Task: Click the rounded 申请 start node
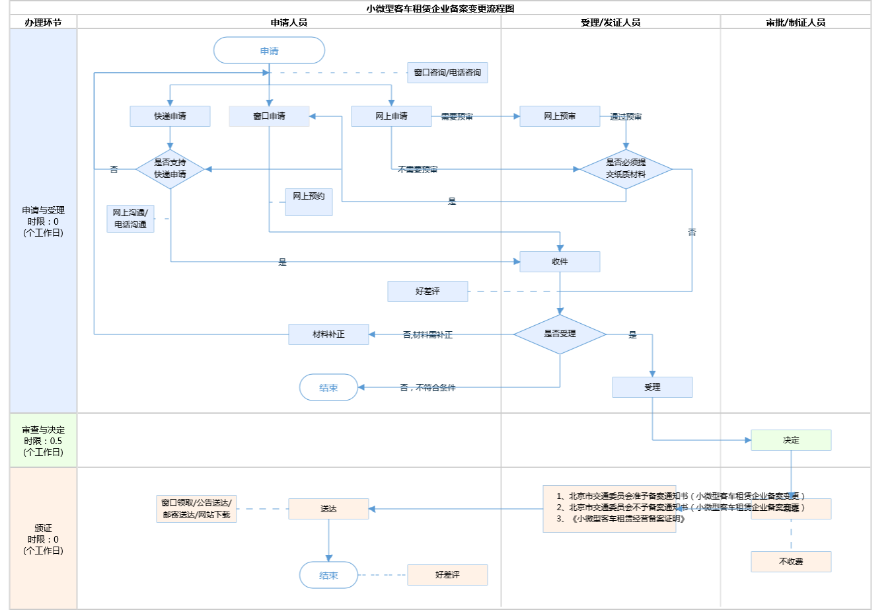coord(269,51)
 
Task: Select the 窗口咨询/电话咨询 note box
coord(447,73)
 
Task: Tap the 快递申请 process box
coord(170,116)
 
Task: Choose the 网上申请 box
coord(391,116)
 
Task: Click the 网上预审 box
coord(560,116)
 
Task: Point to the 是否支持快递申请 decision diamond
coord(170,169)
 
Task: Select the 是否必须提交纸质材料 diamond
coord(626,169)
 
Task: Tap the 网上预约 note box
coord(309,202)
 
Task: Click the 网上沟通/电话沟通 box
coord(130,219)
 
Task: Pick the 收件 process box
coord(560,262)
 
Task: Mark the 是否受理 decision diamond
coord(560,334)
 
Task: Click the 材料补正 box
coord(328,334)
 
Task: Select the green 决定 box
coord(791,440)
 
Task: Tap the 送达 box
coord(328,509)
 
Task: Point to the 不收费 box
coord(791,562)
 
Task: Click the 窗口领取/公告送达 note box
coord(196,509)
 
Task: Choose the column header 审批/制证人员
coord(796,22)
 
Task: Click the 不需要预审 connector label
coord(418,170)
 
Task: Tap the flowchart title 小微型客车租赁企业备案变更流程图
coord(440,9)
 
